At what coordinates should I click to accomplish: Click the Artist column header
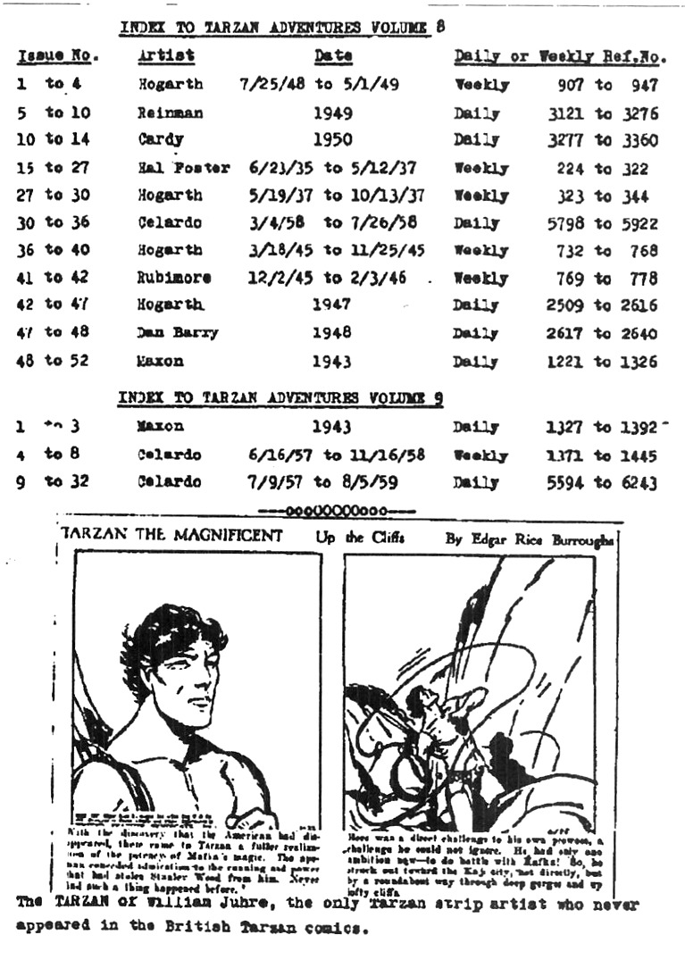click(167, 56)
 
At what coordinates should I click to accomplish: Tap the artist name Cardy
click(161, 140)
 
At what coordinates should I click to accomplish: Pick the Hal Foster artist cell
click(183, 169)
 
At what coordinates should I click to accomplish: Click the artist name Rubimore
click(174, 278)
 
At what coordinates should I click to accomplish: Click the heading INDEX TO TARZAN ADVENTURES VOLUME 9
click(281, 398)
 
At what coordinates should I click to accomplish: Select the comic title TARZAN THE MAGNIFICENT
click(171, 537)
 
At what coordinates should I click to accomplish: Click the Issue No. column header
click(58, 56)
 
